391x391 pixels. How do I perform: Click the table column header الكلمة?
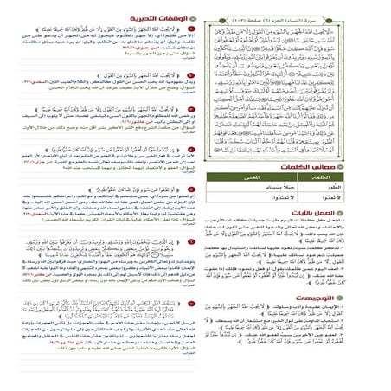tap(358, 203)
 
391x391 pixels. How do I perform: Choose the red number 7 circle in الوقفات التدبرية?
tap(189, 305)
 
